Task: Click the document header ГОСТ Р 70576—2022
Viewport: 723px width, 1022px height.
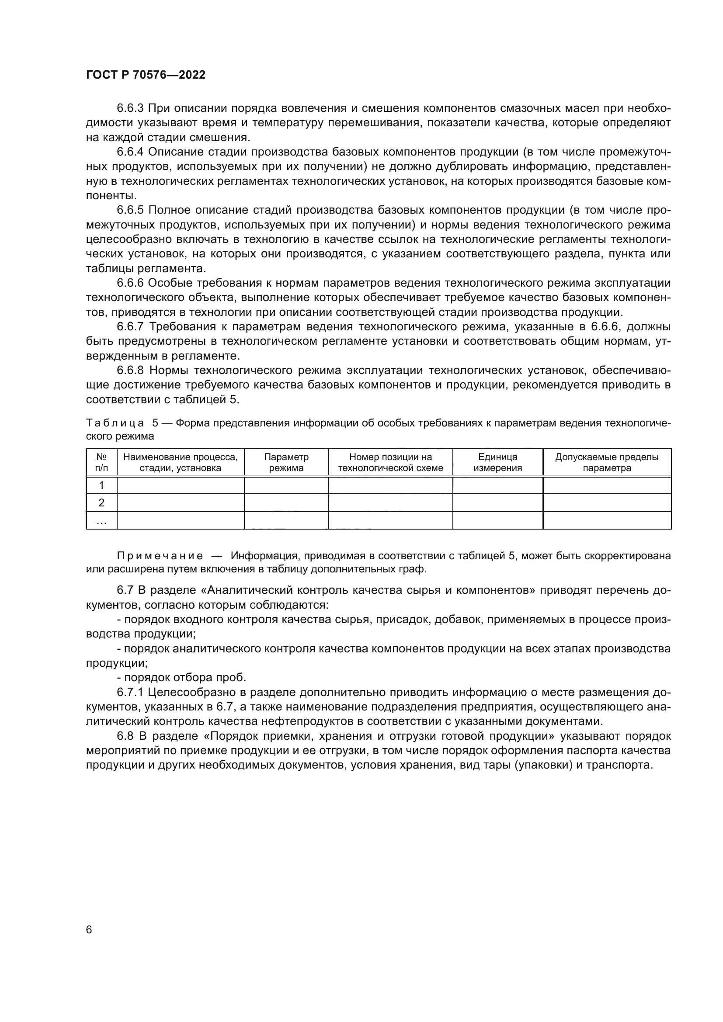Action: pyautogui.click(x=146, y=75)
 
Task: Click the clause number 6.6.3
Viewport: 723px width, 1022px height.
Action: pyautogui.click(x=130, y=108)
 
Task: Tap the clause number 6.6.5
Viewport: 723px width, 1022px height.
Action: pyautogui.click(x=130, y=210)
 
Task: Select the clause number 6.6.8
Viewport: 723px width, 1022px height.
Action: pyautogui.click(x=130, y=371)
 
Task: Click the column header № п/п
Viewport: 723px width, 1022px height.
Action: pyautogui.click(x=101, y=462)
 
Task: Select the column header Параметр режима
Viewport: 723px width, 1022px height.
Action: pyautogui.click(x=286, y=462)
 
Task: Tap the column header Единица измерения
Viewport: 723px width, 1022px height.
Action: pyautogui.click(x=498, y=462)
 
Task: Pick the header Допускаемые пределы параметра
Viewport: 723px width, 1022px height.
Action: pyautogui.click(x=607, y=462)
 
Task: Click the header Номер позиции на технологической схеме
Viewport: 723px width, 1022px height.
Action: pyautogui.click(x=390, y=462)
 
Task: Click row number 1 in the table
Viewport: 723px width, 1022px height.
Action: pyautogui.click(x=101, y=485)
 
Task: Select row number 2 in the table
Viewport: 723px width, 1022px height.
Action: pyautogui.click(x=101, y=502)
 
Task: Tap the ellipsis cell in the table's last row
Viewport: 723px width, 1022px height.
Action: pyautogui.click(x=101, y=520)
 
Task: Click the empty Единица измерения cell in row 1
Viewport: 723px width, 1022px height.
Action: pyautogui.click(x=498, y=485)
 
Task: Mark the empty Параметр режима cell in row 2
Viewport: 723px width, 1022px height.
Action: pyautogui.click(x=286, y=502)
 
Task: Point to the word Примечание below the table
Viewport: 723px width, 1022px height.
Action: pyautogui.click(x=160, y=556)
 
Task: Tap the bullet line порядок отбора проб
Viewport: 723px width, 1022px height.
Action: pyautogui.click(x=184, y=678)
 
